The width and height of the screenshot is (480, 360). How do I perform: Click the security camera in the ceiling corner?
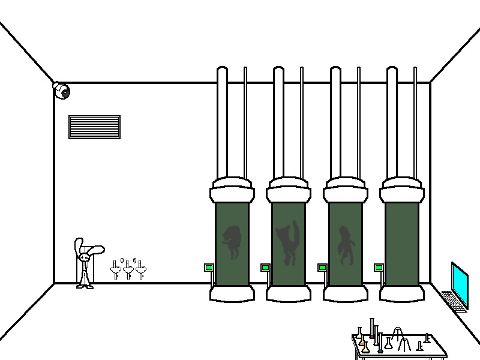(61, 91)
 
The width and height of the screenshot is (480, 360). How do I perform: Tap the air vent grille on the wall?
(94, 127)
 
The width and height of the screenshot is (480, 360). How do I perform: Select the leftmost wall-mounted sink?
(116, 270)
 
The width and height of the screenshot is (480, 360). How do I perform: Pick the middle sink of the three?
(128, 270)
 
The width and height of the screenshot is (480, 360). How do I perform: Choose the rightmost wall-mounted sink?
(141, 270)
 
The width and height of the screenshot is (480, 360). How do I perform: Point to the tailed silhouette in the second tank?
(288, 243)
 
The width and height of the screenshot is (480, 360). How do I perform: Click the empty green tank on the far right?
(401, 243)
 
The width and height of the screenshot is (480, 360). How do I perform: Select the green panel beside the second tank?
(265, 268)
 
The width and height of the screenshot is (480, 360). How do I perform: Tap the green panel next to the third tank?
(322, 268)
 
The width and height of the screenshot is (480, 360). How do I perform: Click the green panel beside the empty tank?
(379, 268)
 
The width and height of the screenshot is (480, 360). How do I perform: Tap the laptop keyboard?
(454, 299)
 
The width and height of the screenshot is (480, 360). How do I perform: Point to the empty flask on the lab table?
(388, 344)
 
